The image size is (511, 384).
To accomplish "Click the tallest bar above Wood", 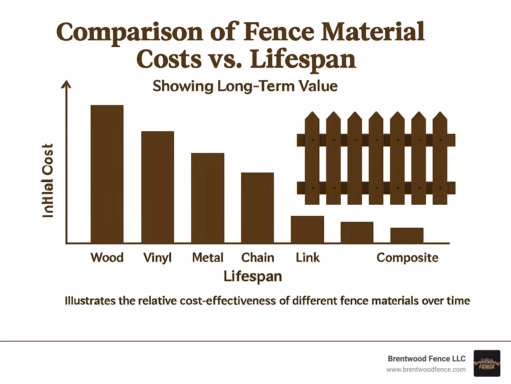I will (107, 174).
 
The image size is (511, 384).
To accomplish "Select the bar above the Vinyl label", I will (157, 187).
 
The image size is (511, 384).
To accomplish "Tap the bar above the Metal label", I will (208, 198).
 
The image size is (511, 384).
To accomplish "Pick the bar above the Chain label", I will (257, 208).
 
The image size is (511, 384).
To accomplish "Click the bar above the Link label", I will (307, 229).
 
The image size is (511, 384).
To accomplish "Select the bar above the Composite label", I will (407, 235).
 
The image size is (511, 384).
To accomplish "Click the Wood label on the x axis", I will (107, 258).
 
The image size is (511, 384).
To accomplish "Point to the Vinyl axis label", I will (157, 258).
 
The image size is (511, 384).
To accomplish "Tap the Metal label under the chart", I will (208, 258).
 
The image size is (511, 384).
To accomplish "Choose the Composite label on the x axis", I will (407, 258).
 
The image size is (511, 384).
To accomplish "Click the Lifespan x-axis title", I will (253, 276).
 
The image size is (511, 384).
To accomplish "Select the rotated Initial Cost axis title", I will (48, 181).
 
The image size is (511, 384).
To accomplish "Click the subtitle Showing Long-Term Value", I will (245, 86).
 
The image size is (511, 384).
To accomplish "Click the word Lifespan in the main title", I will (303, 59).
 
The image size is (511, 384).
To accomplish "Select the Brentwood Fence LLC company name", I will (426, 359).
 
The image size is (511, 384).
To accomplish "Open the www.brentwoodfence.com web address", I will (426, 369).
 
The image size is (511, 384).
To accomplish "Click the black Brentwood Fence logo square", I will (487, 363).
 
